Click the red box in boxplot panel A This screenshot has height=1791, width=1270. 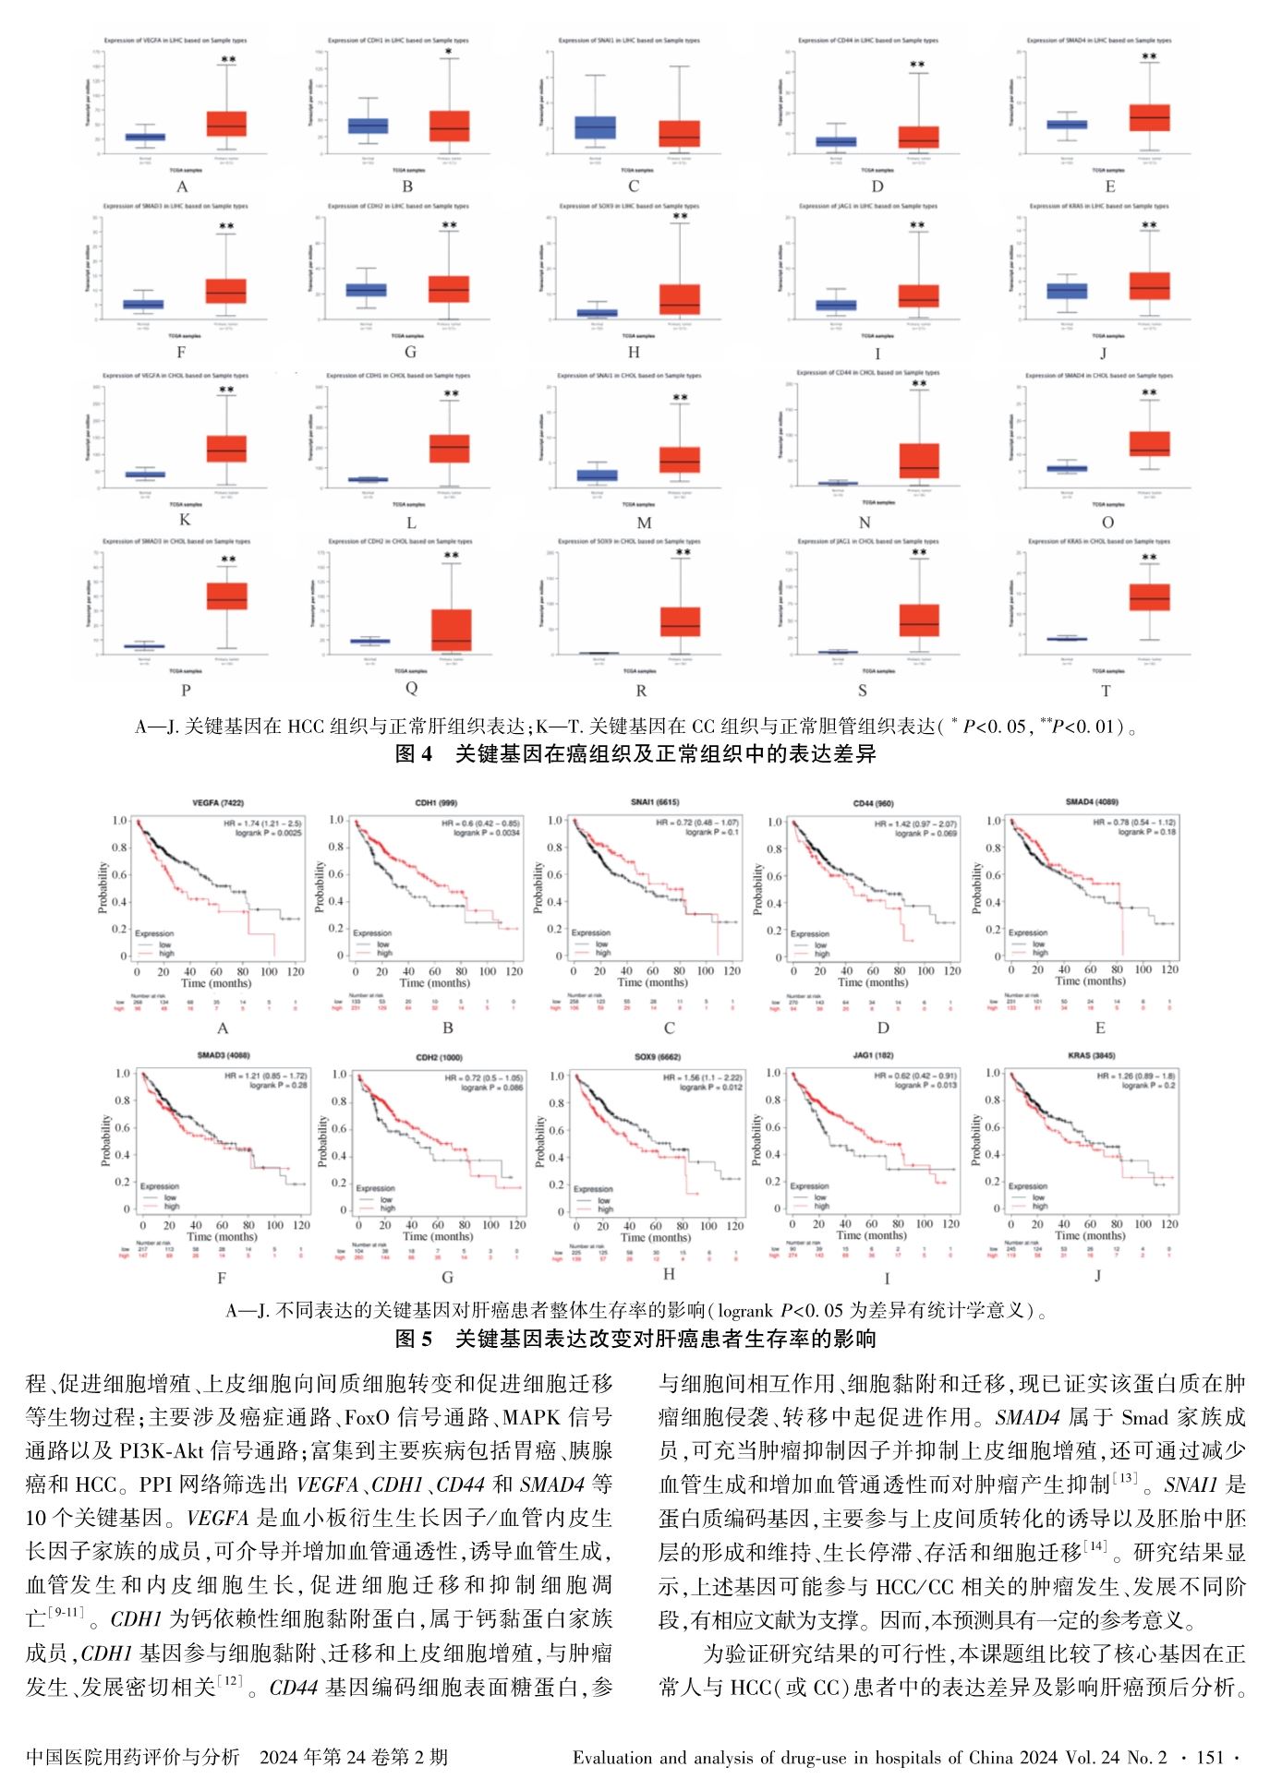click(226, 124)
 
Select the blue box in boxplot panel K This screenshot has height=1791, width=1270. click(145, 475)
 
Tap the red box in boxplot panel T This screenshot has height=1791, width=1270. click(1149, 596)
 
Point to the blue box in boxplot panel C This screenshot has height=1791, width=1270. click(595, 127)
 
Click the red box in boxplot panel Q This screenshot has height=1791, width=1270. click(452, 630)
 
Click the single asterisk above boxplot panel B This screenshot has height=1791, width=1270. click(449, 53)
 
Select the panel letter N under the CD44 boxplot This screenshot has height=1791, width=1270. click(865, 523)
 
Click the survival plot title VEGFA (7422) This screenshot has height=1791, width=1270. click(218, 803)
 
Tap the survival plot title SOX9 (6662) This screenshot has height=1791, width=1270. click(658, 1057)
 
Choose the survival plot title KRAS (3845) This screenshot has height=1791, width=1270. click(1091, 1055)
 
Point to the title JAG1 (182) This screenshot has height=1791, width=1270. click(873, 1055)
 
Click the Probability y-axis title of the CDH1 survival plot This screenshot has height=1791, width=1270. click(321, 887)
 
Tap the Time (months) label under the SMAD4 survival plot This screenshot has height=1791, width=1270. click(1091, 981)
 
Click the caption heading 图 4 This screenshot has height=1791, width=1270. click(413, 754)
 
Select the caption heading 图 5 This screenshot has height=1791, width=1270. click(413, 1339)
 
